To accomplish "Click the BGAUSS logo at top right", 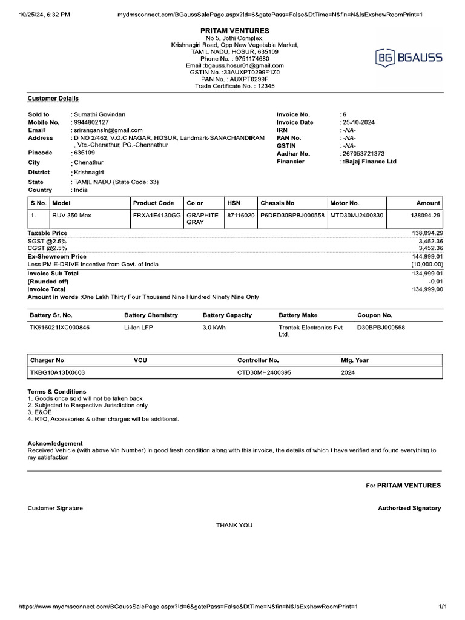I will click(410, 58).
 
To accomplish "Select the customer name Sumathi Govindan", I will click(100, 114).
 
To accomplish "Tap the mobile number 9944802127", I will click(91, 122).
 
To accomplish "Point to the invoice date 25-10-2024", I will click(359, 122).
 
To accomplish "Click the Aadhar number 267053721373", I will click(364, 154).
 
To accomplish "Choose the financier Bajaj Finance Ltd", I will click(369, 162).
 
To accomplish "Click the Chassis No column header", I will click(277, 203).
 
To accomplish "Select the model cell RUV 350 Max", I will click(73, 216).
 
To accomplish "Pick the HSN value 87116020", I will click(240, 216).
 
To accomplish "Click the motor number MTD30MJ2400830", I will click(357, 216).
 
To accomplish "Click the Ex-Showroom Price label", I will click(57, 257).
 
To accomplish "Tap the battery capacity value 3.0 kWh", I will click(214, 328).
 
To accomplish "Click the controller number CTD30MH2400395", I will click(264, 372).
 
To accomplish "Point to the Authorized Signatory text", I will click(409, 508).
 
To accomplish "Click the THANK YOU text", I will click(234, 525).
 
